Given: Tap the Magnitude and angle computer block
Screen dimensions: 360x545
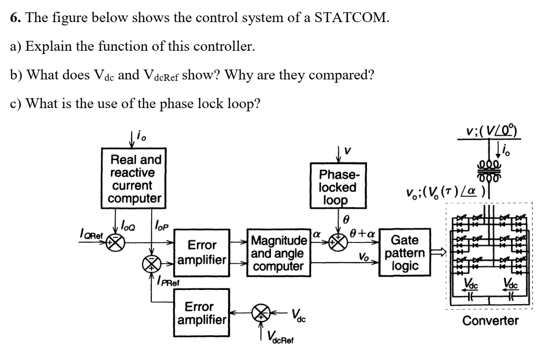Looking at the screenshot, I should pyautogui.click(x=277, y=254).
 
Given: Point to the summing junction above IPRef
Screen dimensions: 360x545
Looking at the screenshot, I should pyautogui.click(x=151, y=266).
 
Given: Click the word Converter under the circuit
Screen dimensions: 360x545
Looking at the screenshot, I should pyautogui.click(x=490, y=321).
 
